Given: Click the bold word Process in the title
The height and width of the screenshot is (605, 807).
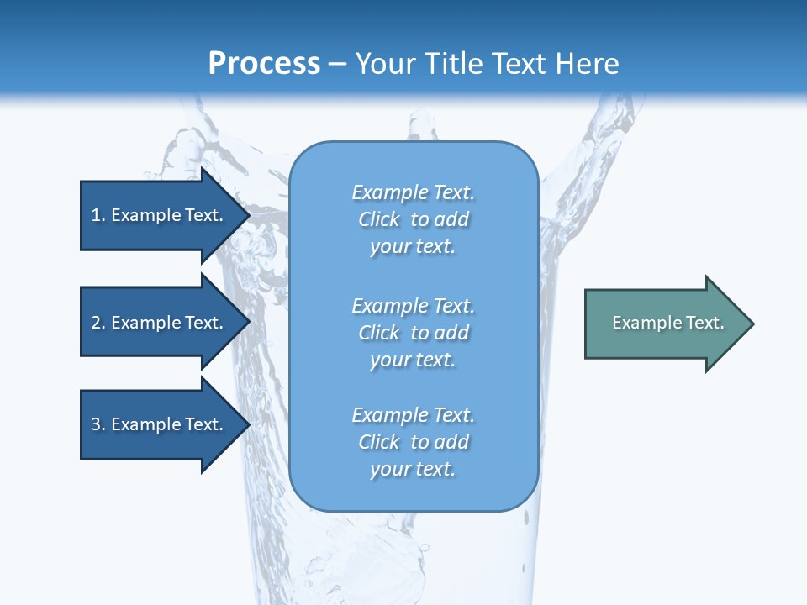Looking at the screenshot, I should click(264, 64).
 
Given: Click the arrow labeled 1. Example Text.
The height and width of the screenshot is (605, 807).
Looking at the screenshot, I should click(160, 215).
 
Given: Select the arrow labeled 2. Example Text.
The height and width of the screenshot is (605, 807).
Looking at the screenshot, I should click(160, 323).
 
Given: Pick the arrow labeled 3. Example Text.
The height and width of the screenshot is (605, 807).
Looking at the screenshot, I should click(160, 424).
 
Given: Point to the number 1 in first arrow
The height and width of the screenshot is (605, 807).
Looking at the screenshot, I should click(96, 215).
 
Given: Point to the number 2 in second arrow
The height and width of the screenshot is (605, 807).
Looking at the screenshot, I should click(96, 323).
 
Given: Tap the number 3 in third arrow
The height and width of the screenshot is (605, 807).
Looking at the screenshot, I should click(96, 424).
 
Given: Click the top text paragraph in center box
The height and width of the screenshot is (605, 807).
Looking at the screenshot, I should click(413, 219).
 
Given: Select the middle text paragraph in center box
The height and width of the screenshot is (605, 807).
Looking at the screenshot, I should click(413, 333).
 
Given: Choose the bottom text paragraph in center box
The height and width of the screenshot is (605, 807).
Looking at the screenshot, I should click(413, 442).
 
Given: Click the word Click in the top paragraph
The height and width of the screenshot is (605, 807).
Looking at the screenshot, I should click(378, 219).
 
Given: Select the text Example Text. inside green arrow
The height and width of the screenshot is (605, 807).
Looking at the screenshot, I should click(667, 323).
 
